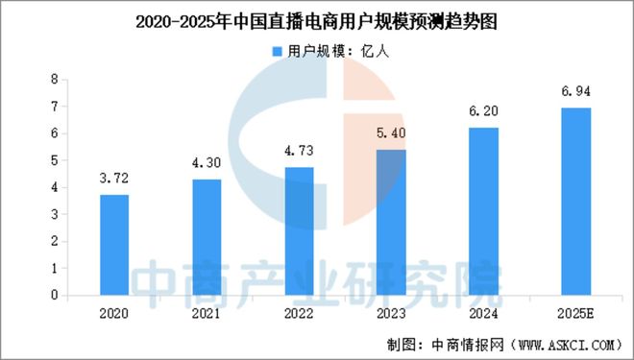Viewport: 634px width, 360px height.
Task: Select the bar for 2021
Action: point(206,237)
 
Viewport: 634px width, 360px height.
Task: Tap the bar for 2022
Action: point(299,231)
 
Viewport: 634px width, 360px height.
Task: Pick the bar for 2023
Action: point(391,223)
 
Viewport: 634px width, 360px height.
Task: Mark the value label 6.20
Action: point(484,112)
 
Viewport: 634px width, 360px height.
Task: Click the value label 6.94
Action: point(576,92)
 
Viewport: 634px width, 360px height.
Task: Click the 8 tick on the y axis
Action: point(56,80)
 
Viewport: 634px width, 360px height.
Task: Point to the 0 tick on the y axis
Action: point(56,296)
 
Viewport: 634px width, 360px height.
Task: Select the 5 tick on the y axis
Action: point(56,161)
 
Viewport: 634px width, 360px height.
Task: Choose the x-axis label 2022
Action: point(299,313)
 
